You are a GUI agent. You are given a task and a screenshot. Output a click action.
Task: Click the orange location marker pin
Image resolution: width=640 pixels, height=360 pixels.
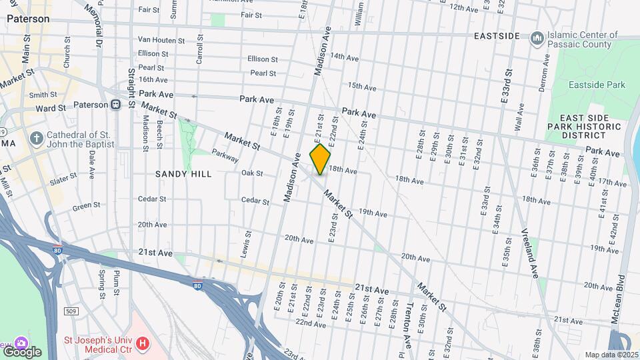click(321, 159)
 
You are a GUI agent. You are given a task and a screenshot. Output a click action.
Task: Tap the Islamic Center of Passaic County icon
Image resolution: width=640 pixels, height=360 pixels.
click(537, 39)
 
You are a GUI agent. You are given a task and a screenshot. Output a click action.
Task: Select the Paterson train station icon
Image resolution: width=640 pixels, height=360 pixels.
click(115, 105)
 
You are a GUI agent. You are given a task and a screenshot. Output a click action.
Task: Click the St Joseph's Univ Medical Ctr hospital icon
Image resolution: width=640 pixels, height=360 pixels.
click(142, 343)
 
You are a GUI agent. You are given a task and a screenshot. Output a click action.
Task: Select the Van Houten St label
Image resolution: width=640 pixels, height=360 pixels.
click(161, 40)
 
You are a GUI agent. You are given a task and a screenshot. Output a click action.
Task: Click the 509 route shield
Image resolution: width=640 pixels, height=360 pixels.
click(70, 311)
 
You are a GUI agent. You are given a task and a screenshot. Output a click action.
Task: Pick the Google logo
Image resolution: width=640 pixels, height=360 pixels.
click(21, 352)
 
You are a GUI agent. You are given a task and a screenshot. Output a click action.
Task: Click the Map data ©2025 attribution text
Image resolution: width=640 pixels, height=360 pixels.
click(611, 355)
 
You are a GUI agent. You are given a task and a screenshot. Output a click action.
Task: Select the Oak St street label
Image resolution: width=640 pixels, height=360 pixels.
click(251, 173)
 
